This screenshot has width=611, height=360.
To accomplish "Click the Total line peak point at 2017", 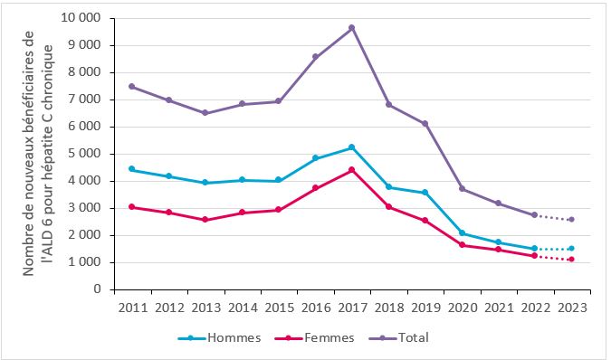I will pyautogui.click(x=351, y=28).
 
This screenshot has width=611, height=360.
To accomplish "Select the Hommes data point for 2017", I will pyautogui.click(x=351, y=147).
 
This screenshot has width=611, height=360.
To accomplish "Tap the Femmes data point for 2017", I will pyautogui.click(x=351, y=170).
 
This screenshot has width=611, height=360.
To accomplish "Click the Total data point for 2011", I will pyautogui.click(x=132, y=87).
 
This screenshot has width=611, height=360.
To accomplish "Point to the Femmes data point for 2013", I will pyautogui.click(x=205, y=220).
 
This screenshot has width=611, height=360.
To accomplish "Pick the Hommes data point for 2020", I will pyautogui.click(x=462, y=233).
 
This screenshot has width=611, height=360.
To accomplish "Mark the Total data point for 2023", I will pyautogui.click(x=571, y=219).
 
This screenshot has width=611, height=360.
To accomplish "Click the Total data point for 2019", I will pyautogui.click(x=425, y=124).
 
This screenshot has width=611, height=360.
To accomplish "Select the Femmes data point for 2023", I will pyautogui.click(x=571, y=260).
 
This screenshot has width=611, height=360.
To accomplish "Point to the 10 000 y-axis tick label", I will pyautogui.click(x=81, y=18).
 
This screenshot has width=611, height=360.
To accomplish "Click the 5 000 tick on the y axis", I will pyautogui.click(x=85, y=154).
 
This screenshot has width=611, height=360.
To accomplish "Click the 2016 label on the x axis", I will pyautogui.click(x=315, y=308).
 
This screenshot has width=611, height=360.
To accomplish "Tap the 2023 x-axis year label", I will pyautogui.click(x=571, y=308).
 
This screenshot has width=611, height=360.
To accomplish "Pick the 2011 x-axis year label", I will pyautogui.click(x=132, y=308).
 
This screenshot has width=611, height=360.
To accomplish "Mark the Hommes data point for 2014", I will pyautogui.click(x=242, y=180).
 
